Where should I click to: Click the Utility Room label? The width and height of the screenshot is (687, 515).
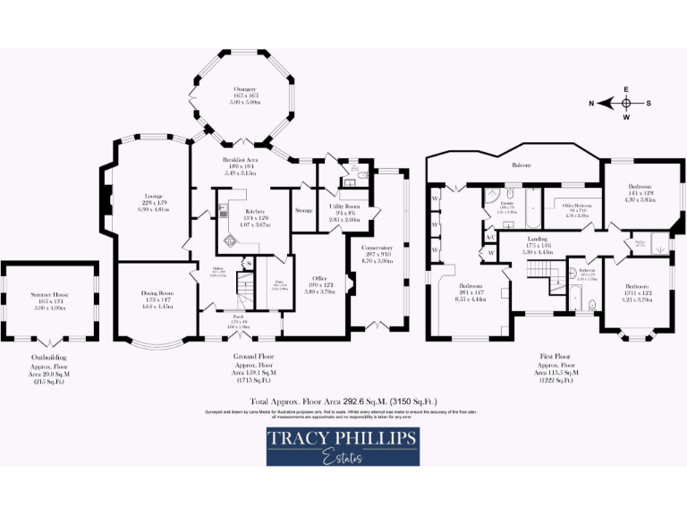[344, 193]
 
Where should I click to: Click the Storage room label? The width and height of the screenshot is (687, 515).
[303, 211]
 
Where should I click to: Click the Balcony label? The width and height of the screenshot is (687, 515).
[522, 165]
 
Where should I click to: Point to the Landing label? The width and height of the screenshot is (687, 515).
[537, 240]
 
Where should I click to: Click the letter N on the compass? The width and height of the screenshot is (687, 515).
[592, 103]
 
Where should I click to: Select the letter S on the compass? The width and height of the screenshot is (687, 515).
[649, 103]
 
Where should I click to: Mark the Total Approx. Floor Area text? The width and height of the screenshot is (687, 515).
[343, 403]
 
